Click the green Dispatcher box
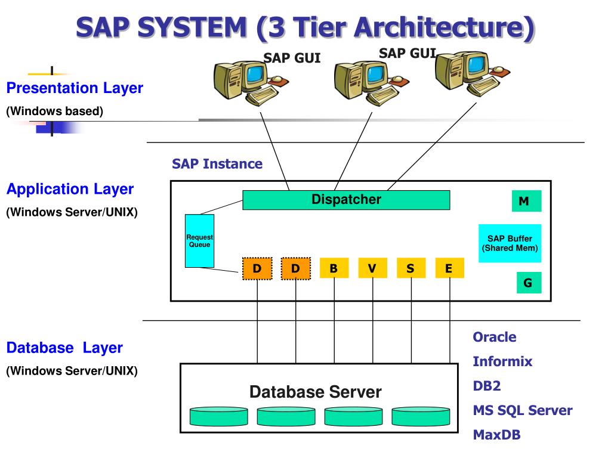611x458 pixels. (346, 200)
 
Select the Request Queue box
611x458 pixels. (199, 241)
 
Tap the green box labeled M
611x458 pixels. (526, 201)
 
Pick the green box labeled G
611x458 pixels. (529, 282)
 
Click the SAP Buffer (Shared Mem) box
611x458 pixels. (510, 243)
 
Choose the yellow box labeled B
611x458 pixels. (334, 268)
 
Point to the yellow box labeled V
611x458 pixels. (372, 268)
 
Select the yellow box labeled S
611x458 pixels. (411, 268)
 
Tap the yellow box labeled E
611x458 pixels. (449, 268)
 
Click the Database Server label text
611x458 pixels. (316, 392)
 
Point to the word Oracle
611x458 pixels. (495, 337)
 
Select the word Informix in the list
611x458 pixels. (502, 361)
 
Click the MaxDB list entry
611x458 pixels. (496, 435)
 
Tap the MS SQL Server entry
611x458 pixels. (523, 410)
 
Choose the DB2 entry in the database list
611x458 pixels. (487, 386)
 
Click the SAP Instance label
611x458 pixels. (217, 164)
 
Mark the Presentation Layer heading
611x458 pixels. (75, 88)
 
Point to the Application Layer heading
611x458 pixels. (70, 189)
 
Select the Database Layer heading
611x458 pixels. (64, 348)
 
